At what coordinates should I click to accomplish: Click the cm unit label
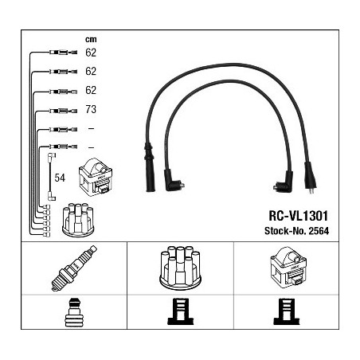pyautogui.click(x=91, y=40)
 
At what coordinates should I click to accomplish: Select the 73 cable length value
pyautogui.click(x=91, y=109)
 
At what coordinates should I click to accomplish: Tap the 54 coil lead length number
pyautogui.click(x=60, y=178)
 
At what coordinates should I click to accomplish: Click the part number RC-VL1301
pyautogui.click(x=299, y=216)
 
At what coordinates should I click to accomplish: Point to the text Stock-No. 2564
pyautogui.click(x=296, y=231)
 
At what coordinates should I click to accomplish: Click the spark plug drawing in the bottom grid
pyautogui.click(x=74, y=268)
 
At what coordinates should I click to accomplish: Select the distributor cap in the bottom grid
pyautogui.click(x=180, y=268)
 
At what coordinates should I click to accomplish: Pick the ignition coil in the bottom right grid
pyautogui.click(x=288, y=268)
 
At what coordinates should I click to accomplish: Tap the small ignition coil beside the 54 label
pyautogui.click(x=96, y=177)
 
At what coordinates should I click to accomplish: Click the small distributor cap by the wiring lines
pyautogui.click(x=78, y=220)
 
